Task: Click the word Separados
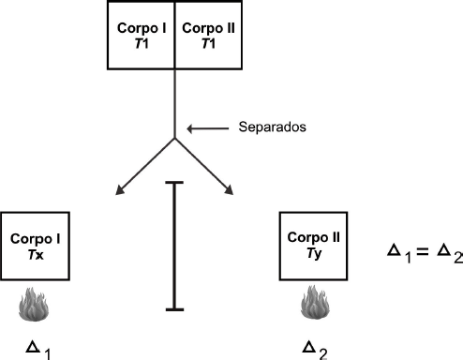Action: point(272,127)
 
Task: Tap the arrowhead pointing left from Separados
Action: point(190,128)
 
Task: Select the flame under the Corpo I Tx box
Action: point(34,305)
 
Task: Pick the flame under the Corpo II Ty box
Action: point(315,302)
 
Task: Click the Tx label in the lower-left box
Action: point(36,255)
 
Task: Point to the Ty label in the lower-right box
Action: point(314,253)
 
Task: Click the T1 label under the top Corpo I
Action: point(142,43)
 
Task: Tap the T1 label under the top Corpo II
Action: point(208,43)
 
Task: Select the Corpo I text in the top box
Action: point(142,28)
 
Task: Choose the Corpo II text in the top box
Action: point(208,28)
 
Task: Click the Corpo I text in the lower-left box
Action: point(36,239)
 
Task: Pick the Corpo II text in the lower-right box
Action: point(314,238)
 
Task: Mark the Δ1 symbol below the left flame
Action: point(38,351)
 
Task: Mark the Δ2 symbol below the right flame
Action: point(315,351)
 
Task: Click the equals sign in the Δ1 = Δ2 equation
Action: point(422,251)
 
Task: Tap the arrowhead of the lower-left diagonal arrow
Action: point(119,191)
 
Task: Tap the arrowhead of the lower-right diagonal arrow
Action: point(230,190)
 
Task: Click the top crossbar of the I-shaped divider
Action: point(174,183)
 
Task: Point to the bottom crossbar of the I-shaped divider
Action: point(174,309)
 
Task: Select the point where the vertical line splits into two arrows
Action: point(174,138)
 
